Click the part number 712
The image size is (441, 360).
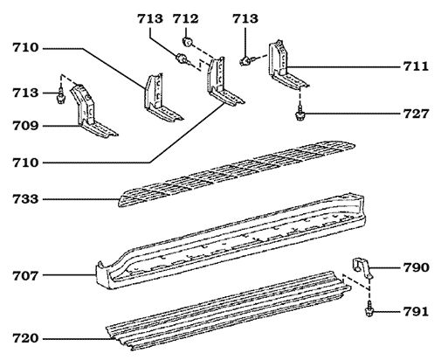click(x=185, y=19)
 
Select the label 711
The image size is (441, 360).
click(x=416, y=66)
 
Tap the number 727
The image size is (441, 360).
click(x=416, y=114)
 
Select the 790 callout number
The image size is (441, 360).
click(x=416, y=267)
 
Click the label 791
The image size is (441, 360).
click(x=416, y=311)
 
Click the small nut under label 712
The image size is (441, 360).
click(x=187, y=40)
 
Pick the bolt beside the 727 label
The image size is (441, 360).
click(x=300, y=112)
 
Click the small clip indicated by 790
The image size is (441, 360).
click(x=362, y=269)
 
